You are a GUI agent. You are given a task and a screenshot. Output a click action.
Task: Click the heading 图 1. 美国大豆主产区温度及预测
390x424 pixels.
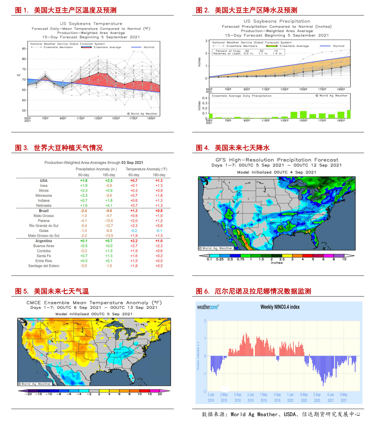click(x=66, y=10)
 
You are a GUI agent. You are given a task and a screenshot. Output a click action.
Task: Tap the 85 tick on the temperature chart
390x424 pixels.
click(x=24, y=49)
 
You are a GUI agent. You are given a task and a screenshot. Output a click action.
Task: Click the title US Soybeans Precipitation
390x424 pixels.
click(x=277, y=21)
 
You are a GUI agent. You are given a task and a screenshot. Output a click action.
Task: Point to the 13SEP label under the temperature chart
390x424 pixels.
click(x=98, y=118)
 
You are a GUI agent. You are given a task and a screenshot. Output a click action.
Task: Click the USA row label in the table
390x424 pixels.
click(x=44, y=180)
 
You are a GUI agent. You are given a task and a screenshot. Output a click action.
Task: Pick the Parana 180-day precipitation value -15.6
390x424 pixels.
click(x=109, y=221)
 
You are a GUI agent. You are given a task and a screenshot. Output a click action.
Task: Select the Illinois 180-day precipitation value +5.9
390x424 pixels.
click(x=109, y=191)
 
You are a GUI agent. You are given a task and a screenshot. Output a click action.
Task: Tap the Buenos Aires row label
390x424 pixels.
click(x=44, y=246)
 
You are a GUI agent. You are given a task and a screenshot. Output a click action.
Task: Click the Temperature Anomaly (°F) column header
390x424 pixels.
click(x=146, y=169)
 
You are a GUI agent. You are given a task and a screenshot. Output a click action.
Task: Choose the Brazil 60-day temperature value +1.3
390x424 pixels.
click(x=134, y=211)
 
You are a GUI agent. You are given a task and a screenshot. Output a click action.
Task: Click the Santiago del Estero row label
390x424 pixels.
click(x=44, y=266)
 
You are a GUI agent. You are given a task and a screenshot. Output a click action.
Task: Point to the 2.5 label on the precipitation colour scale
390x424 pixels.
click(x=282, y=259)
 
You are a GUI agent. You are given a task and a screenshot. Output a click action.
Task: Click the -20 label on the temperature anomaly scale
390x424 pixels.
click(x=28, y=394)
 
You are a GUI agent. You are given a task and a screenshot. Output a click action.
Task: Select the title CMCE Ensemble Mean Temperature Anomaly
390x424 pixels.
click(x=94, y=303)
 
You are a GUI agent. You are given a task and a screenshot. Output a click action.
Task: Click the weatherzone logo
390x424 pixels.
click(x=208, y=307)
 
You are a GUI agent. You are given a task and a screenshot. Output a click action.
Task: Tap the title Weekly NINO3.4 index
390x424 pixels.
click(x=280, y=307)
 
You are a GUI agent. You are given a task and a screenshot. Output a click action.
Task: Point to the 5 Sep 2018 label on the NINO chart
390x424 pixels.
click(x=237, y=397)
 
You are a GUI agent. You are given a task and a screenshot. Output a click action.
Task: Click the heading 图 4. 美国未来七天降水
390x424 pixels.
click(x=232, y=148)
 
